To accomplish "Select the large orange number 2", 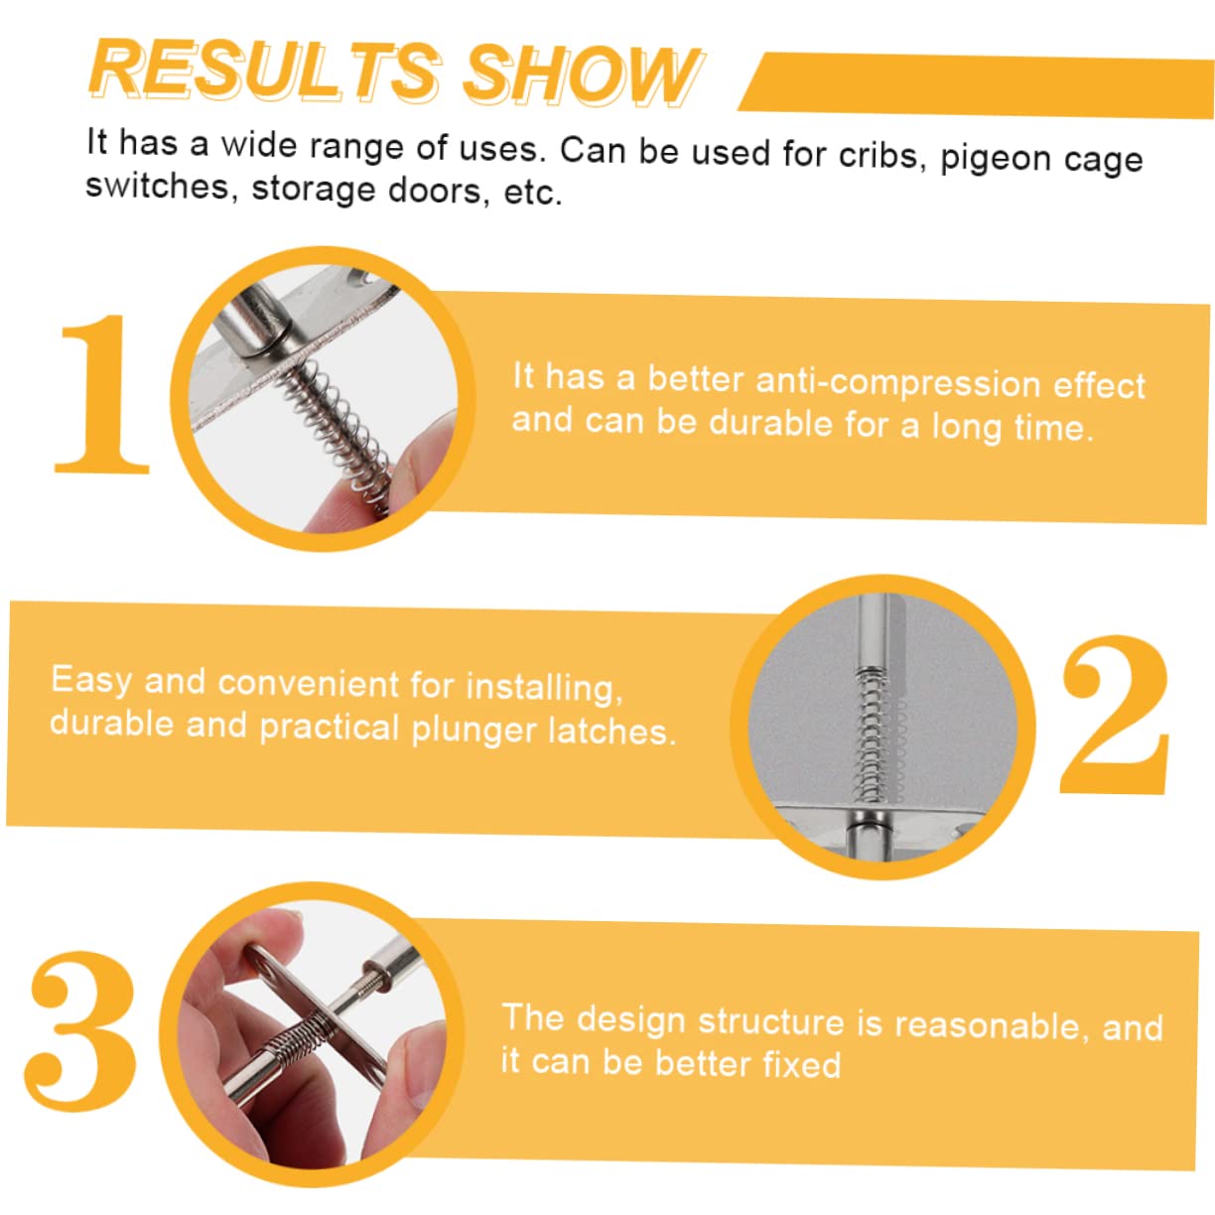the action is (x=1115, y=715).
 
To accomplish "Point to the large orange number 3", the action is (x=80, y=1031).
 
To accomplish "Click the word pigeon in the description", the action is (x=995, y=158).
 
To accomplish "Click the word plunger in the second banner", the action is (x=473, y=731).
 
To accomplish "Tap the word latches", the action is (x=611, y=732).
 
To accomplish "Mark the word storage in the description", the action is (x=314, y=189).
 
